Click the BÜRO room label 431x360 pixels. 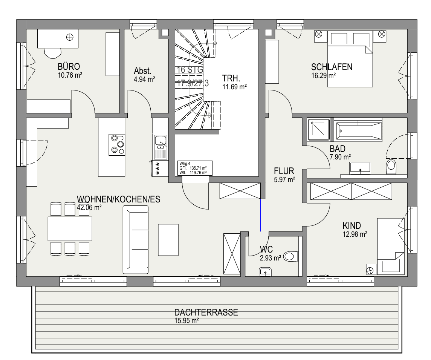coord(69,67)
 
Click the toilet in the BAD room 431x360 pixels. coord(391,165)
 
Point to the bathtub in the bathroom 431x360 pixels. coord(358,130)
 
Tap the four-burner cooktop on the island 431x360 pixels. coord(117,145)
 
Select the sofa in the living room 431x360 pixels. coord(136,241)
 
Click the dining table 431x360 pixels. coord(70,228)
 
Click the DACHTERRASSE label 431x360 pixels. coord(206,313)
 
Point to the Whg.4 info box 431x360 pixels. coord(194,168)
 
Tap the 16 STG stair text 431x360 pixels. coord(190,70)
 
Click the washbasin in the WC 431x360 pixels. coord(266,271)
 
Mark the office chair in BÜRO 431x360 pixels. coord(53,52)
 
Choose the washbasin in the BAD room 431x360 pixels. coord(361,169)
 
